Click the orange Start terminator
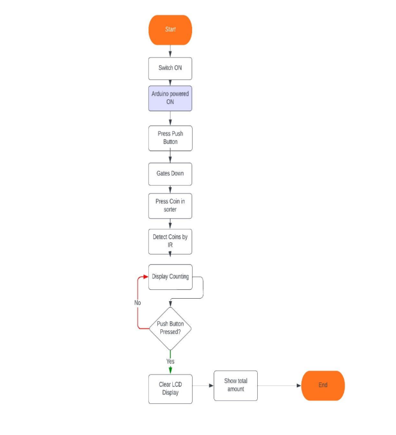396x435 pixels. click(x=170, y=30)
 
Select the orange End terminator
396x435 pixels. click(x=323, y=385)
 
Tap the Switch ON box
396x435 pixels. click(x=170, y=68)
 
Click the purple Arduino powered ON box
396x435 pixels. click(x=170, y=98)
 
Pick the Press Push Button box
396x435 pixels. click(x=170, y=138)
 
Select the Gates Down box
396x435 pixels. click(x=170, y=173)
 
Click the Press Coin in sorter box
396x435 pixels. click(x=170, y=206)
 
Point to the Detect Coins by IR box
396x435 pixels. click(x=170, y=240)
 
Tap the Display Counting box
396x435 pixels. click(x=170, y=277)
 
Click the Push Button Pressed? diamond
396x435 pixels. click(x=170, y=328)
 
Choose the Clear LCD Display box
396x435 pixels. click(x=170, y=388)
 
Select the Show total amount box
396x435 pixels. click(x=236, y=385)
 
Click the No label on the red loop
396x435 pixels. click(x=138, y=303)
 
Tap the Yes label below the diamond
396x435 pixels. click(x=170, y=361)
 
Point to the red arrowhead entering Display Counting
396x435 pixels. click(x=145, y=277)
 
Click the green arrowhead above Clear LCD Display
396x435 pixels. click(x=170, y=370)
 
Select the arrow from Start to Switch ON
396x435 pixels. click(x=170, y=51)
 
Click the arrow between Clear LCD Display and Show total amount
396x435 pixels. click(x=203, y=385)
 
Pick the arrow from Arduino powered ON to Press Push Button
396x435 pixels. click(x=170, y=118)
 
